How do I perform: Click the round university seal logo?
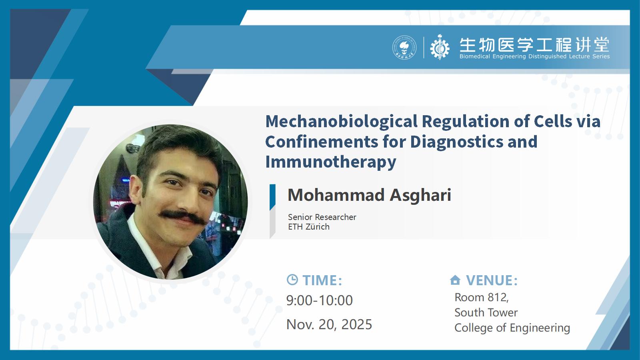(404, 48)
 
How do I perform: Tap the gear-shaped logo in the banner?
(440, 47)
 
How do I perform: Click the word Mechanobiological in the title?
(342, 122)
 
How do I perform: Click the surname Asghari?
(420, 196)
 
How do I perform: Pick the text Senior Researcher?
(322, 217)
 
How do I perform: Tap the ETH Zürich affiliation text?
(308, 227)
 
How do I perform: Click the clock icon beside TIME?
(292, 280)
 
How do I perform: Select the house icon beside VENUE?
(455, 280)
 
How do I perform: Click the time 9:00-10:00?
(320, 300)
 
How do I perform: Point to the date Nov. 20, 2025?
(329, 324)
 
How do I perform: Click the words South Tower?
(486, 312)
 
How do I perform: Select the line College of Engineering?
(512, 328)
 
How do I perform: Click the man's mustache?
(183, 216)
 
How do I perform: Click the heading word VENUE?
(492, 280)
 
